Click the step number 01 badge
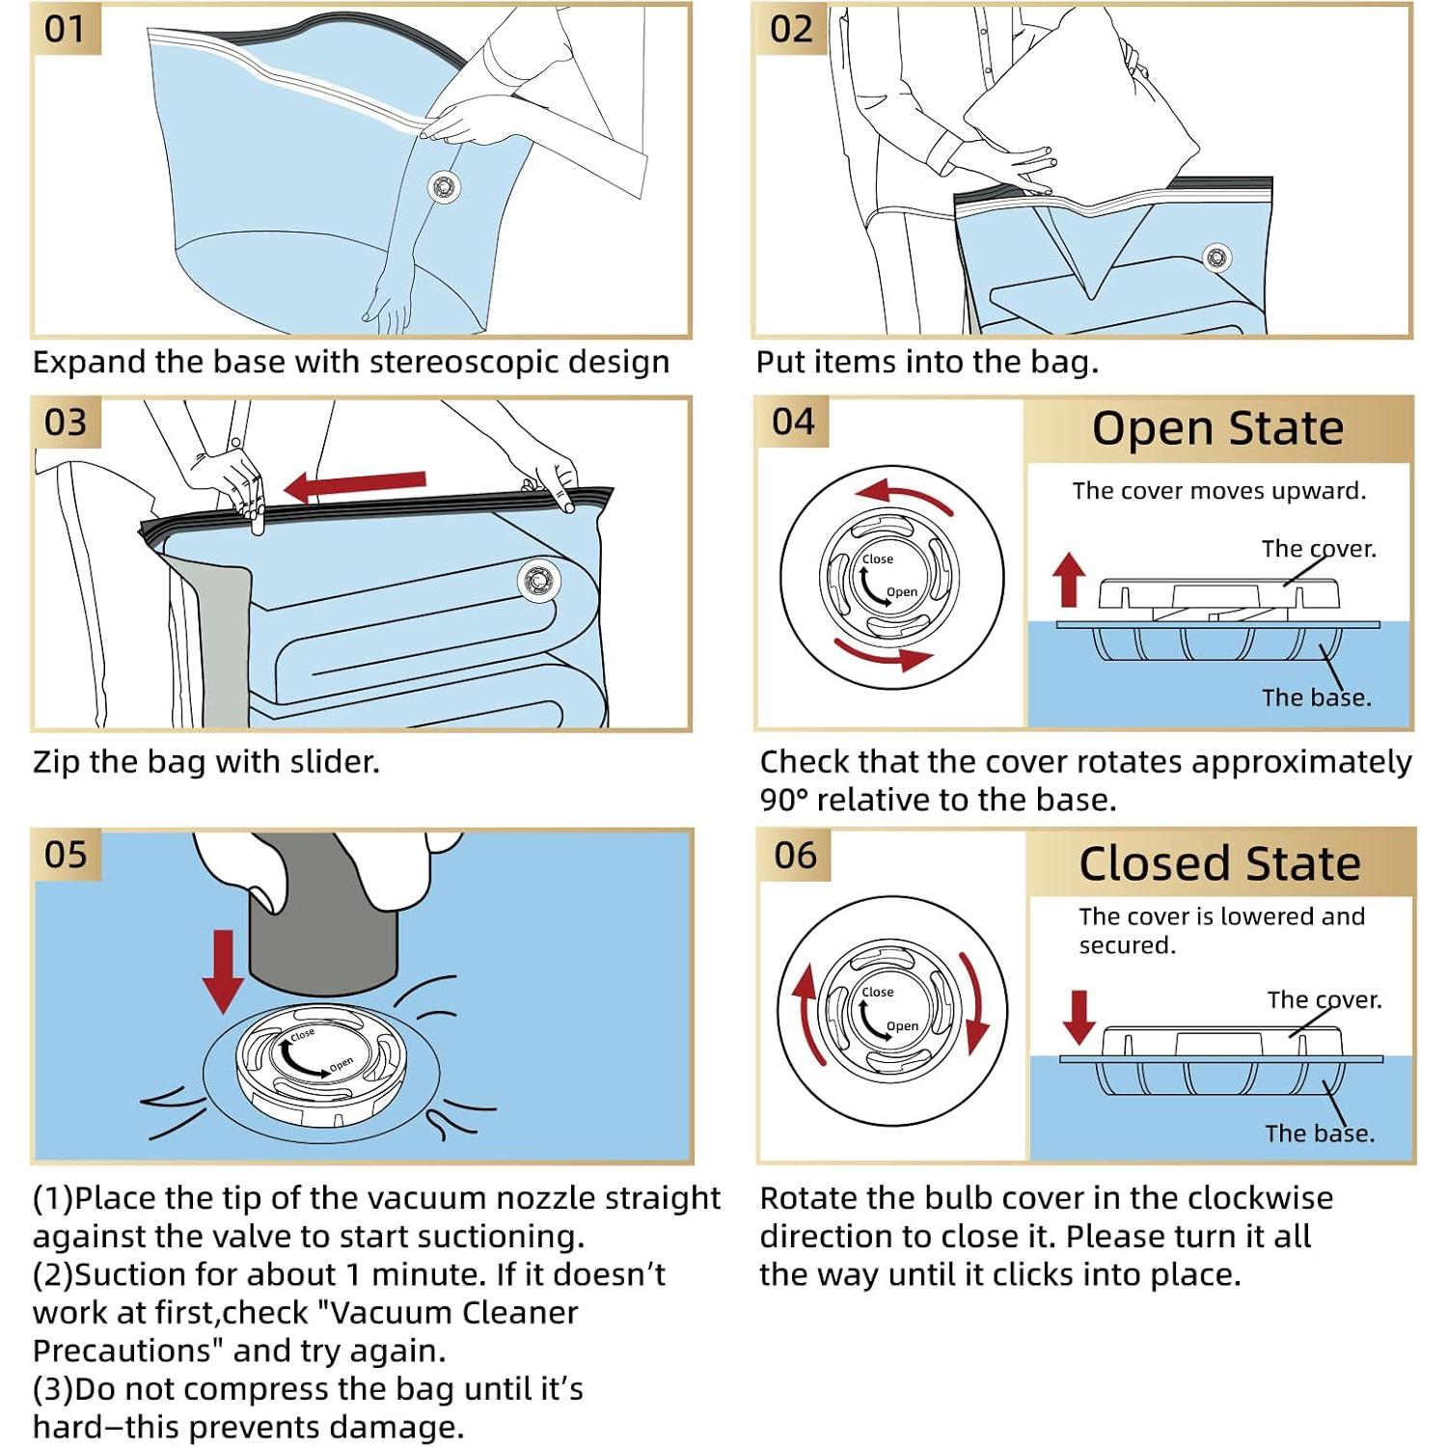coord(65,29)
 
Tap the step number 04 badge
coord(793,423)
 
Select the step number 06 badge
coord(795,856)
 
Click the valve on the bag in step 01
coord(444,186)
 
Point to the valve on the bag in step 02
coord(1216,257)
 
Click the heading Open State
coord(1217,428)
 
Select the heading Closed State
coord(1219,863)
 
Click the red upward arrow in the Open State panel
coord(1069,578)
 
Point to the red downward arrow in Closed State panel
coord(1078,1016)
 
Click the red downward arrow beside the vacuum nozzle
coord(224,970)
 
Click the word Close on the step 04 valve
coord(877,560)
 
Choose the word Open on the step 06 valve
coord(902,1026)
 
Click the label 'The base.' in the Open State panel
coord(1316,697)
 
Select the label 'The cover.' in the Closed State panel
coord(1324,999)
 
